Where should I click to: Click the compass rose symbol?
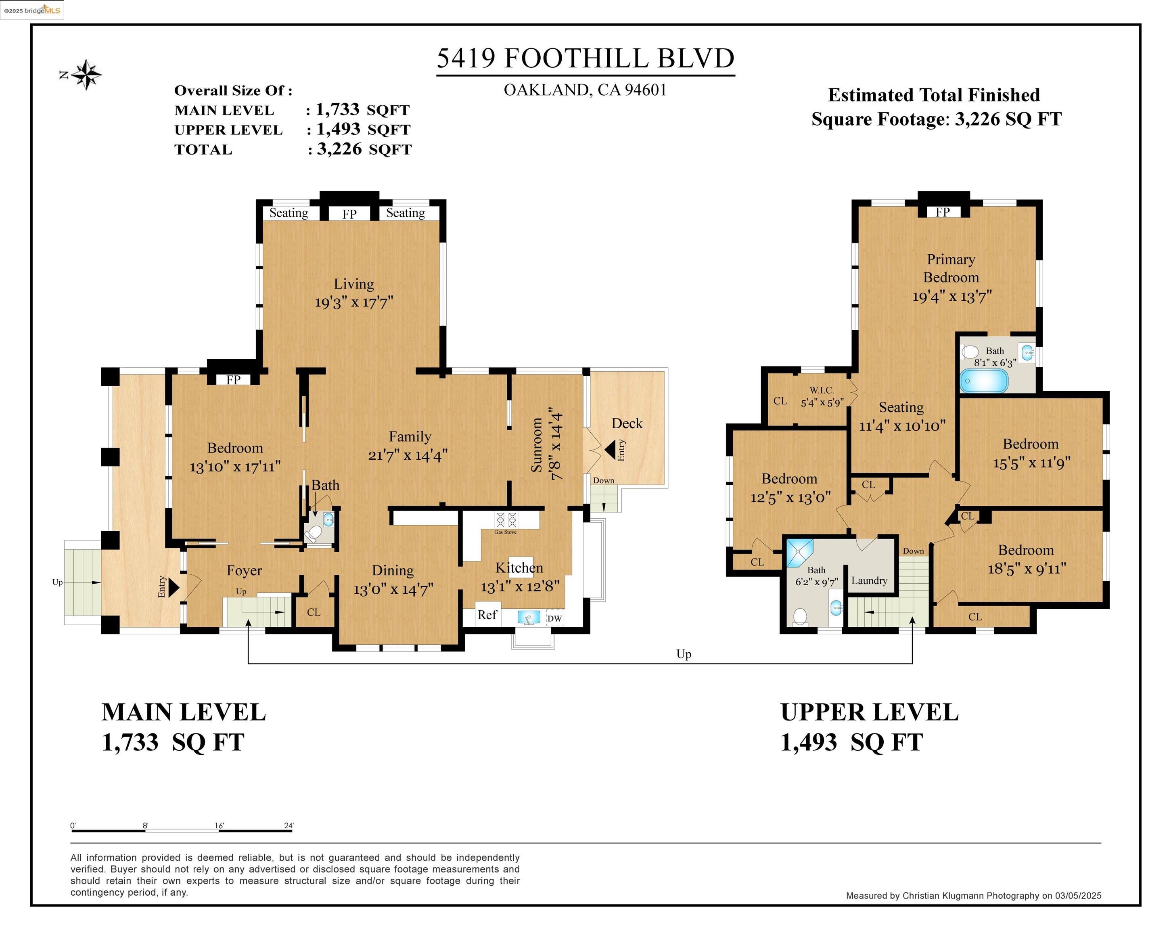pyautogui.click(x=86, y=74)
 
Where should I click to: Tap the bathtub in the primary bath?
pyautogui.click(x=984, y=381)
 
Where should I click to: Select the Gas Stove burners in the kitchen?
pyautogui.click(x=506, y=520)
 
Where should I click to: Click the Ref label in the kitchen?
pyautogui.click(x=487, y=614)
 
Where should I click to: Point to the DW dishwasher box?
pyautogui.click(x=554, y=618)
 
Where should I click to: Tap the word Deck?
pyautogui.click(x=627, y=423)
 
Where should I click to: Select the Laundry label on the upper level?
pyautogui.click(x=869, y=580)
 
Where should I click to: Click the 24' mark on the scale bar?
pyautogui.click(x=289, y=826)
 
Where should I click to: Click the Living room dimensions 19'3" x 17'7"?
pyautogui.click(x=353, y=302)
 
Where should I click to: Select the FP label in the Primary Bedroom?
pyautogui.click(x=942, y=212)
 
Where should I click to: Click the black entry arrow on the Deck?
pyautogui.click(x=610, y=450)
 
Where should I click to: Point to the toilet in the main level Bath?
pyautogui.click(x=314, y=534)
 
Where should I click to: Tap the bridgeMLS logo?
pyautogui.click(x=31, y=10)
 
